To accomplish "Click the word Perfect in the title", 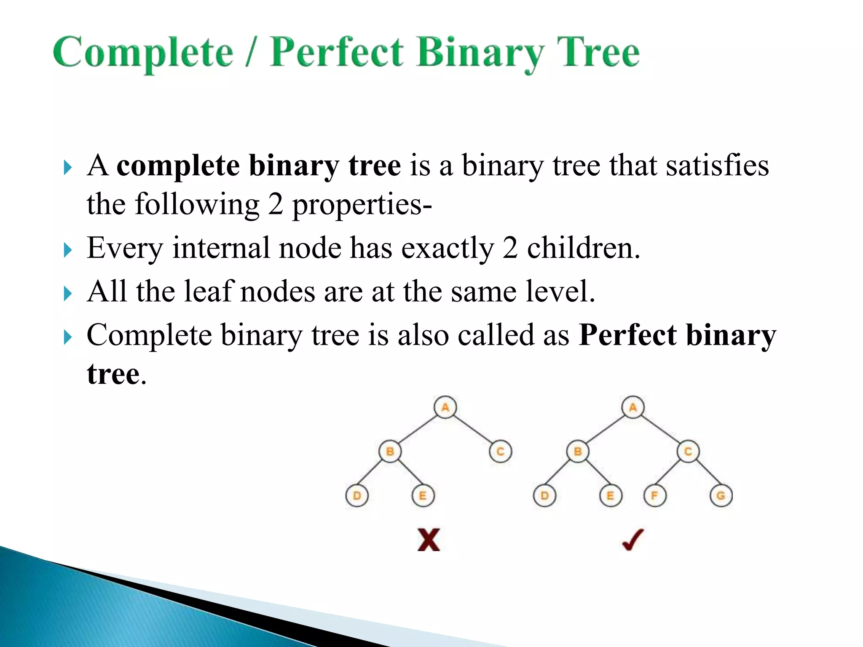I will click(336, 52).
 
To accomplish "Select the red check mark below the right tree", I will click(633, 540).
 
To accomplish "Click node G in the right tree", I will click(721, 496).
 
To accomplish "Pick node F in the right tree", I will click(655, 496).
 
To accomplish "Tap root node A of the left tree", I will click(445, 407).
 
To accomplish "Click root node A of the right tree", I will click(633, 407).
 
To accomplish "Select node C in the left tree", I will click(500, 452).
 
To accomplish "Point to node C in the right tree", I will click(688, 452).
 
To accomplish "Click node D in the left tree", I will click(357, 496).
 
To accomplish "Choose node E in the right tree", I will click(611, 496).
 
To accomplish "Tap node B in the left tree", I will click(390, 452).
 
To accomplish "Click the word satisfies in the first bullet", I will click(717, 165).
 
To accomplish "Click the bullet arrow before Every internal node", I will click(68, 250).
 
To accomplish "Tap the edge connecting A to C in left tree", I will click(473, 430).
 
